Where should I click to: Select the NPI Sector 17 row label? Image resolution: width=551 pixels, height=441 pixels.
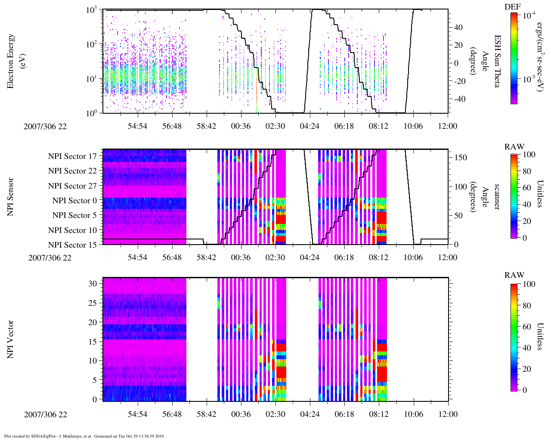(x=72, y=156)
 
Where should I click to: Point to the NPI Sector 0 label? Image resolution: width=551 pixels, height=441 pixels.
(x=74, y=201)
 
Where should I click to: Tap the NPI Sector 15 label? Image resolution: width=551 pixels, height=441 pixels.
(x=72, y=245)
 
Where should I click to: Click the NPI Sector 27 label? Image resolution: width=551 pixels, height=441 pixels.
(x=72, y=186)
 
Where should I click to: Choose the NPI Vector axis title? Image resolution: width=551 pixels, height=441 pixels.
(x=10, y=339)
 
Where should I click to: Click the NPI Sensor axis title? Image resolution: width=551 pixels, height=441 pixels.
(x=10, y=197)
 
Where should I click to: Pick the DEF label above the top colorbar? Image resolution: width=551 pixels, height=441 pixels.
(x=512, y=6)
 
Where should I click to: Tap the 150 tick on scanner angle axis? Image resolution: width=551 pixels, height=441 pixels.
(x=461, y=158)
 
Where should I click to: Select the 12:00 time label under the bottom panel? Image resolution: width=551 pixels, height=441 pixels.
(x=448, y=414)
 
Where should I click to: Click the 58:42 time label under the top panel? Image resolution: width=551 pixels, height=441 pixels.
(x=206, y=126)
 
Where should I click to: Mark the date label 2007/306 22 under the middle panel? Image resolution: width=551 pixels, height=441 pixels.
(x=50, y=258)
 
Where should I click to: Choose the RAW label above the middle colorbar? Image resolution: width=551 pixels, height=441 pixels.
(x=514, y=147)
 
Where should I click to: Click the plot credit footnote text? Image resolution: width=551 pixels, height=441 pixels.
(x=84, y=436)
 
